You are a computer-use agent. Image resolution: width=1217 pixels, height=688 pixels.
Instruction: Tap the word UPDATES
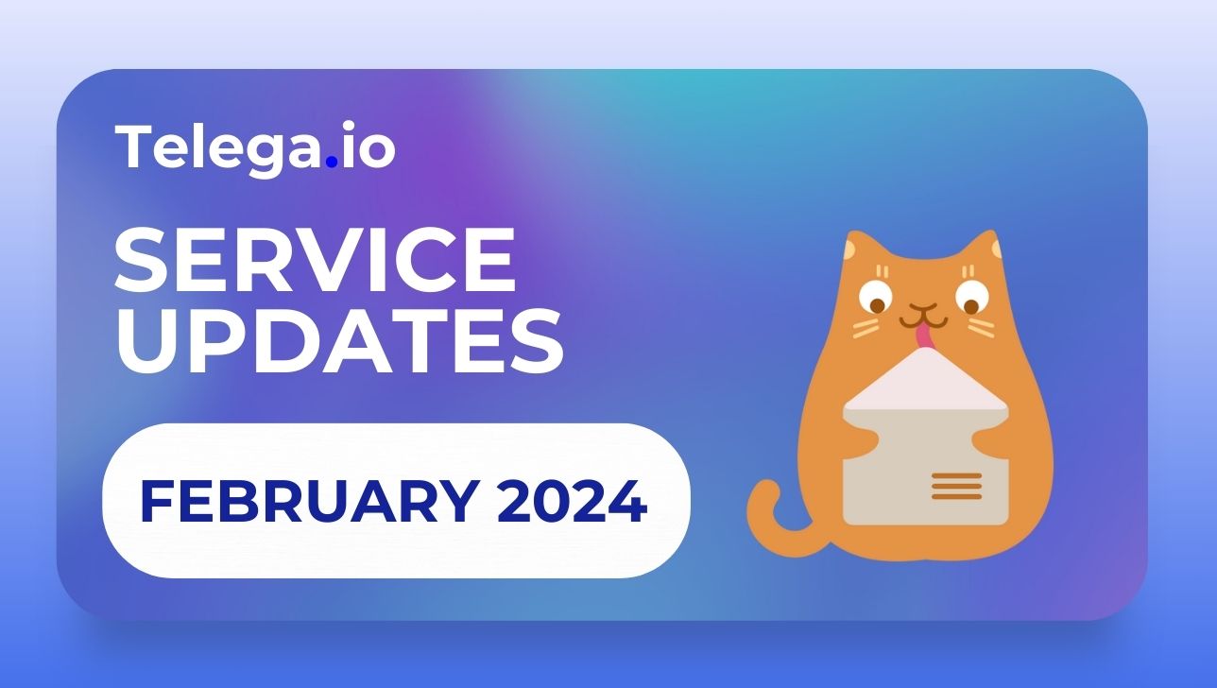[339, 340]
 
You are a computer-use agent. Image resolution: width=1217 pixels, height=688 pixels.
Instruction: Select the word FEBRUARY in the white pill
[310, 501]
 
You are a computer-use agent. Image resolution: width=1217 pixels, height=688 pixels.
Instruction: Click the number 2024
[572, 501]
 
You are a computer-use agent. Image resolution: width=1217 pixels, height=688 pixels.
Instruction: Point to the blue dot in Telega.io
[331, 162]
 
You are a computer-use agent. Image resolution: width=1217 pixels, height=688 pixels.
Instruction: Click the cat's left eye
[875, 298]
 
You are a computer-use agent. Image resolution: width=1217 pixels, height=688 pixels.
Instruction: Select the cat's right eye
[972, 298]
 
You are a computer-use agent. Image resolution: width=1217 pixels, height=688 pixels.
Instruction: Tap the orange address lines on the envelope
[957, 486]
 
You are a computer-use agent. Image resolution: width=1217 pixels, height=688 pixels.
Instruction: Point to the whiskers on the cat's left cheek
[866, 328]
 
